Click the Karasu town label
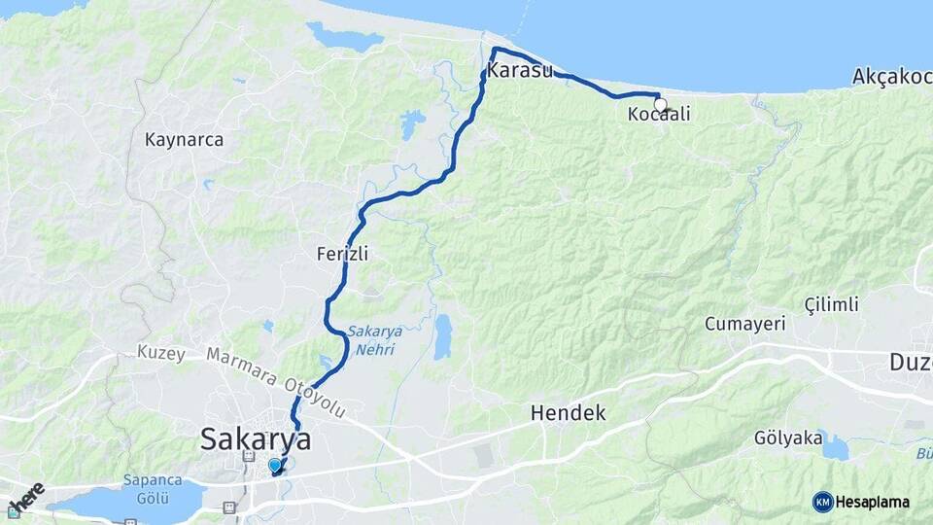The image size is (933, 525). coord(520,71)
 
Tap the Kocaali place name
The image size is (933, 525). coord(659,115)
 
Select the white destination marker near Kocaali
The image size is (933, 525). coord(661,104)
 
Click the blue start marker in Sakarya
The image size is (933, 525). coord(275,466)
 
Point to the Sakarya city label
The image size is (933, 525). coord(256,439)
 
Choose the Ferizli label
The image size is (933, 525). coord(342,254)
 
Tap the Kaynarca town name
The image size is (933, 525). coord(184,140)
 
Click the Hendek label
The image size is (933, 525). coord(568,413)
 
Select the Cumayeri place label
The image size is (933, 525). coord(744,324)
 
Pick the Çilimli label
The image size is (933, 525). coord(832,304)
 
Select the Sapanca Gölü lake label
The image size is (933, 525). coord(148,488)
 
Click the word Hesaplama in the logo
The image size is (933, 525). coord(872,502)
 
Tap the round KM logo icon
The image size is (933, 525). coord(823,502)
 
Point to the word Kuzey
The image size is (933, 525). coord(161,353)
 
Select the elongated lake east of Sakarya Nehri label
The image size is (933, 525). coord(443,336)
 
